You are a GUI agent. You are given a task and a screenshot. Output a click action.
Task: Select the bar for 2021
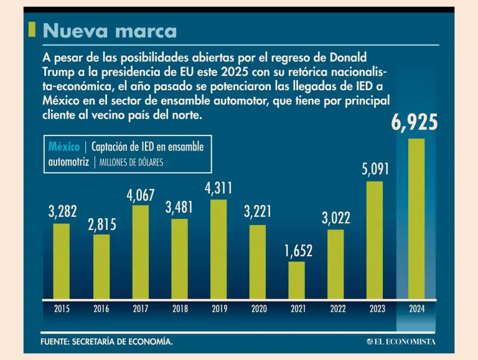tap(297, 280)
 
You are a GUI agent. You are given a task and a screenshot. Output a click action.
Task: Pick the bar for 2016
tap(101, 266)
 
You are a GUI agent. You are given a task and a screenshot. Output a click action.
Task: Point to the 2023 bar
tap(375, 239)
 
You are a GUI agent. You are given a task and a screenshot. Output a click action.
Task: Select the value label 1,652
tap(298, 251)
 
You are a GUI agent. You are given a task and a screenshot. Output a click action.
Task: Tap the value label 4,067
tap(141, 195)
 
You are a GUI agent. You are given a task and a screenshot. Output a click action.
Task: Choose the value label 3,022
tap(336, 218)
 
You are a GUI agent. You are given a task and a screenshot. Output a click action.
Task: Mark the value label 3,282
tap(62, 211)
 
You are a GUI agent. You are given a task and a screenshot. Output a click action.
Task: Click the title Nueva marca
tap(110, 30)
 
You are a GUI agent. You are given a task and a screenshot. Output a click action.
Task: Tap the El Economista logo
tap(401, 341)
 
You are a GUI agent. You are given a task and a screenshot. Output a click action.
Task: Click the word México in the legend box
tap(64, 147)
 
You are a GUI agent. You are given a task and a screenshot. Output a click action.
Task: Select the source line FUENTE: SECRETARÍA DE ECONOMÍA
tap(106, 342)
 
